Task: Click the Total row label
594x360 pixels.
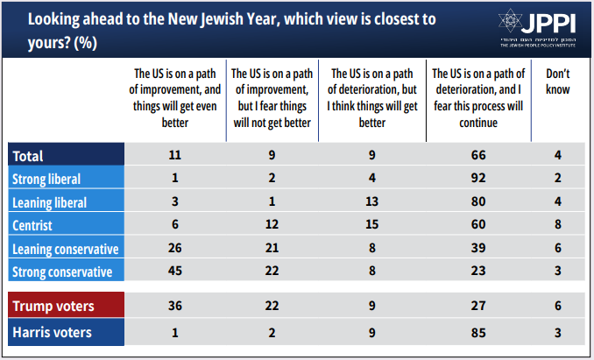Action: tap(29, 156)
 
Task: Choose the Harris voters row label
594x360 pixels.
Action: tap(53, 332)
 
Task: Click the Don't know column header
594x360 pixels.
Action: tap(559, 83)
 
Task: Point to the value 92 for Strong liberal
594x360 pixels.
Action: tap(477, 179)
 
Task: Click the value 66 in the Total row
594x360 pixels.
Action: tap(477, 156)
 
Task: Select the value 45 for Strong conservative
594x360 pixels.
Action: tap(174, 272)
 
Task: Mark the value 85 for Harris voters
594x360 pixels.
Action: tap(477, 332)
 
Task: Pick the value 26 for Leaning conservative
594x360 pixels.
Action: tap(174, 249)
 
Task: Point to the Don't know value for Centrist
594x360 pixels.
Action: tap(559, 225)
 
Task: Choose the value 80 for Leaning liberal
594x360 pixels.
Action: tap(477, 202)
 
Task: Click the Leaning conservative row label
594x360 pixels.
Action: tap(64, 249)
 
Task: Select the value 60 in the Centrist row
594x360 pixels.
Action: tap(477, 225)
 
